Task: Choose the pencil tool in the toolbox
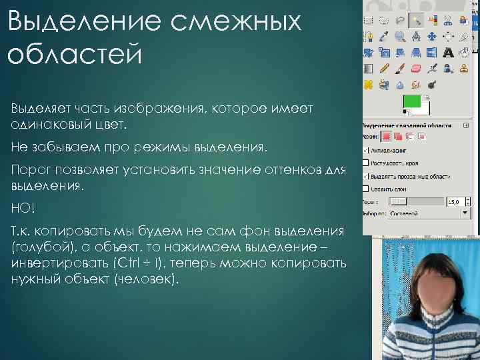click(385, 69)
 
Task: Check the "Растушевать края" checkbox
click(365, 162)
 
